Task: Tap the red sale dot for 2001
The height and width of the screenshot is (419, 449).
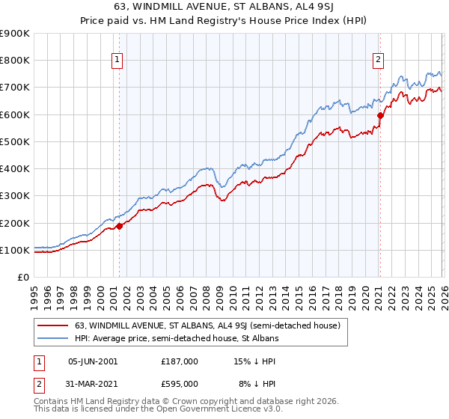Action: point(119,226)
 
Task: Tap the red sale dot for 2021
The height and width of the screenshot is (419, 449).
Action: point(380,115)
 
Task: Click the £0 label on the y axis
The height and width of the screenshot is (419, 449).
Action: point(22,277)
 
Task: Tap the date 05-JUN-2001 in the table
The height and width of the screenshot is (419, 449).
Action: point(92,361)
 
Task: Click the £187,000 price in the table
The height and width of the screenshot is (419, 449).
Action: point(180,361)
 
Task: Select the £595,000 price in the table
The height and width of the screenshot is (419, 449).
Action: point(180,384)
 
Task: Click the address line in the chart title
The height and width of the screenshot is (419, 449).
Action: point(224,8)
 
